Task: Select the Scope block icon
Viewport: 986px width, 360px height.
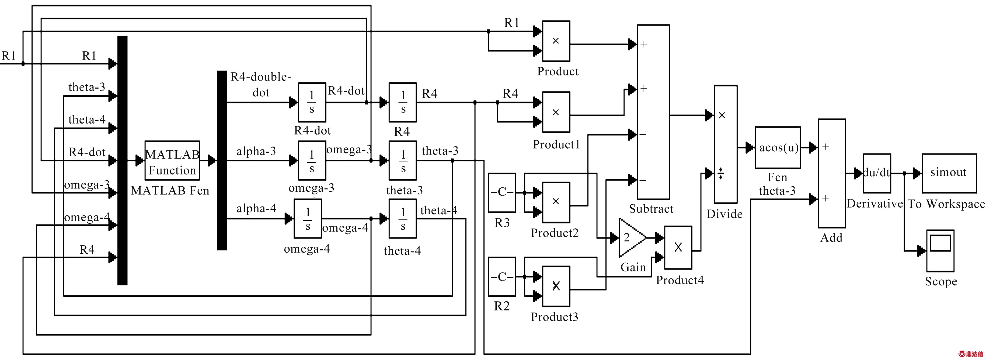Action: coord(940,251)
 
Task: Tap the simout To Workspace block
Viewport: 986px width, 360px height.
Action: coord(949,173)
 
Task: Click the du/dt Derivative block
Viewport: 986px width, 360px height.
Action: coord(877,173)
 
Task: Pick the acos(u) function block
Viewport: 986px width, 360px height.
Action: coord(777,148)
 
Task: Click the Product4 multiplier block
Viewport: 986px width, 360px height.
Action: coord(678,247)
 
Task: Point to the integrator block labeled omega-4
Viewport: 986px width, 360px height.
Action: coord(307,219)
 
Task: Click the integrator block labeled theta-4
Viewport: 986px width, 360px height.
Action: coord(403,219)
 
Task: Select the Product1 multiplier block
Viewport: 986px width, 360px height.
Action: coord(556,112)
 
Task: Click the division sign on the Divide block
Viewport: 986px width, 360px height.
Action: coord(721,173)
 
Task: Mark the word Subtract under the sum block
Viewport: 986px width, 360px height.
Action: coord(651,209)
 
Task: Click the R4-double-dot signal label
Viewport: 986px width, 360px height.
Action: coord(261,85)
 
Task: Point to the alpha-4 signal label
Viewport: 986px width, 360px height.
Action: coord(256,208)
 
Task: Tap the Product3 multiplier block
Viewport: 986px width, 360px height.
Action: coord(556,286)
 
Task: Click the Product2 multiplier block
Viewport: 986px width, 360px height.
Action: coord(556,202)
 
